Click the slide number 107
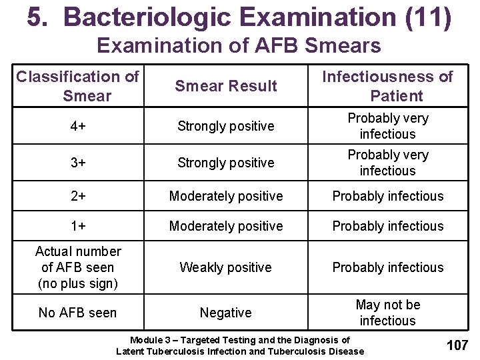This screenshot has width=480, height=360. [x=457, y=345]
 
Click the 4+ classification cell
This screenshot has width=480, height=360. [x=78, y=126]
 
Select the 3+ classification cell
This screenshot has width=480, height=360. [x=78, y=163]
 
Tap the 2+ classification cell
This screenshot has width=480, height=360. [x=78, y=196]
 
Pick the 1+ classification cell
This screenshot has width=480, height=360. [x=78, y=226]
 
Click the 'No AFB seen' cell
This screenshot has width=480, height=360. [x=78, y=313]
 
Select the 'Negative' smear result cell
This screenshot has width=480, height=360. [x=226, y=313]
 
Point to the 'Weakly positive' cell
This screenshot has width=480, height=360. [x=226, y=267]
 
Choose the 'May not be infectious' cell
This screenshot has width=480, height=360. [x=387, y=313]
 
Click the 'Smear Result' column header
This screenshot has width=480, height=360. [x=226, y=86]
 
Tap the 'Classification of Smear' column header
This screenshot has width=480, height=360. [x=78, y=86]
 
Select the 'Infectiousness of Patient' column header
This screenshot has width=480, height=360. [x=387, y=86]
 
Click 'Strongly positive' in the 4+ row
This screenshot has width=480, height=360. [x=226, y=126]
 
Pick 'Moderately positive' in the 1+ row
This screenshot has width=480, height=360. [x=226, y=226]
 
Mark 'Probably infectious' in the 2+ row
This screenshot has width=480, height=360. [x=387, y=196]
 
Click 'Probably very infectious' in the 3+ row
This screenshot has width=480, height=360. [x=387, y=163]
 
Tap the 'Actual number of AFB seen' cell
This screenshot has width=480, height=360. [x=78, y=267]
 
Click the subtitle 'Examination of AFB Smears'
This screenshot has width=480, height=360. [x=239, y=46]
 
